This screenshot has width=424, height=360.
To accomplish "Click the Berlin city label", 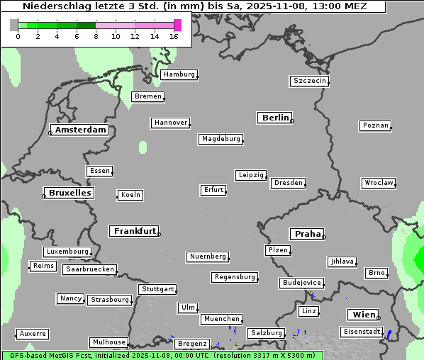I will coord(275,118).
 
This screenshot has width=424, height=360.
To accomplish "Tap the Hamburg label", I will coord(179,74).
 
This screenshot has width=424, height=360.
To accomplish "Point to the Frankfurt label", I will coord(135,231).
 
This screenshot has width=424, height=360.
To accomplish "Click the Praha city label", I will coord(307,234).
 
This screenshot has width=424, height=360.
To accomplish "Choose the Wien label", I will coord(362,315).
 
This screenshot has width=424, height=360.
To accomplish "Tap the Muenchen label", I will coord(221,319).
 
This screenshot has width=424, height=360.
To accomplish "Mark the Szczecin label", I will coord(310,81).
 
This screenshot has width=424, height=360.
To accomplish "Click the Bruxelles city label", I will coord(69,193).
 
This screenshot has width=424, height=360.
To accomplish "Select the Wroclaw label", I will coord(379,183).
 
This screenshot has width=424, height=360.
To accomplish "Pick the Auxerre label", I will coord(33,333).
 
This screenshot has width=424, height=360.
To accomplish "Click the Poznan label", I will coord(375,125).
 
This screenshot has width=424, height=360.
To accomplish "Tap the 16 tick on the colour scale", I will coord(174,36).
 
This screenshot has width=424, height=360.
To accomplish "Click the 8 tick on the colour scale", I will coord(95,36).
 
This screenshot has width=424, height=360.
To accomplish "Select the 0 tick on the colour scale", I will coord(18,36).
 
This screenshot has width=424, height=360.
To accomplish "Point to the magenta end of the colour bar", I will coord(177,25).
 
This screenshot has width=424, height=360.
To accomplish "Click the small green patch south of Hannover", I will coord(143,147).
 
